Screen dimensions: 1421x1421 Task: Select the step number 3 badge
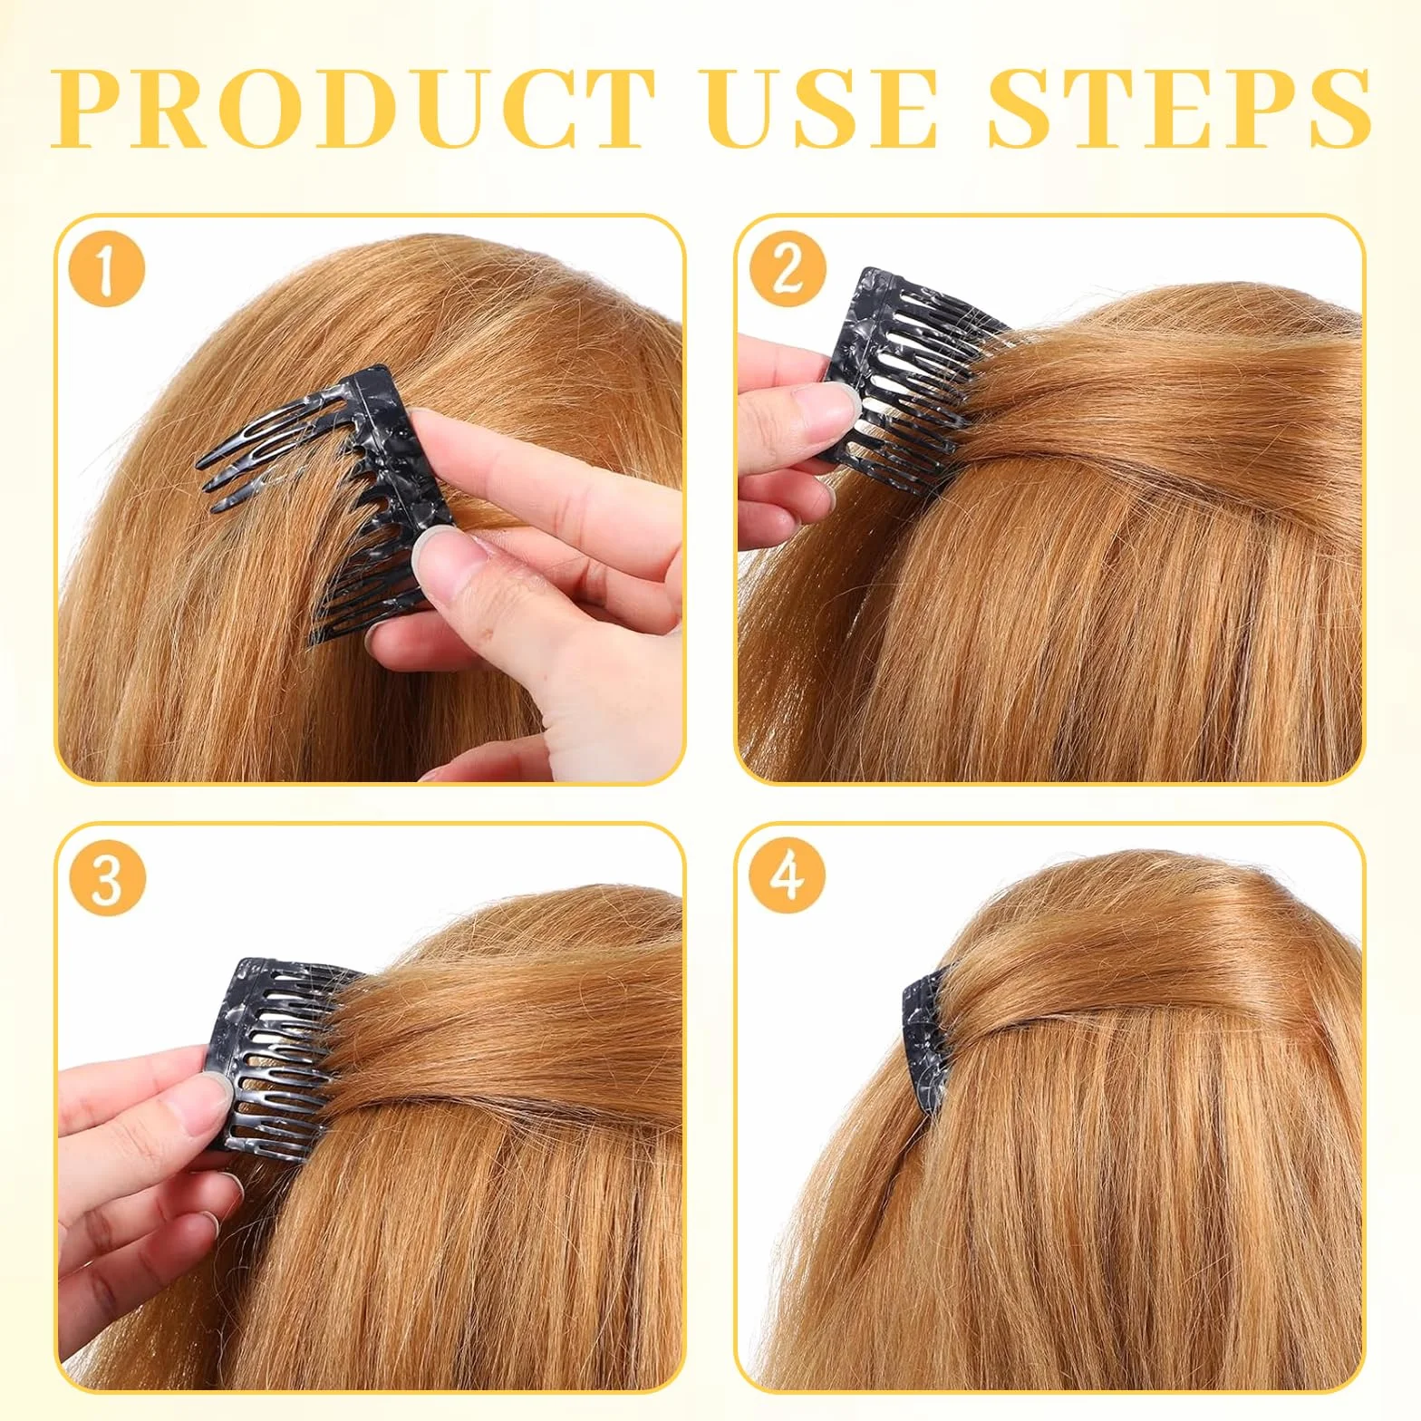point(107,877)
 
